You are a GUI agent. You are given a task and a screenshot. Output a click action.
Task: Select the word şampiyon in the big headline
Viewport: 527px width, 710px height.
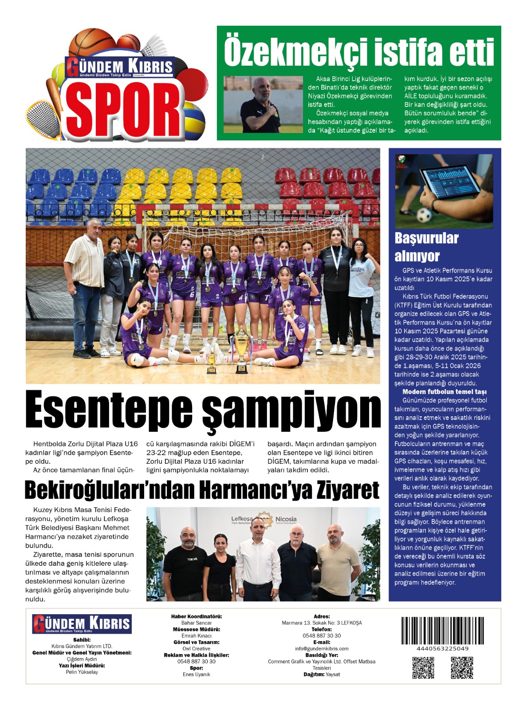(291, 410)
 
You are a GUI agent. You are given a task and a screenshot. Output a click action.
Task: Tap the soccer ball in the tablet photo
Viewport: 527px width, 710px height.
(424, 215)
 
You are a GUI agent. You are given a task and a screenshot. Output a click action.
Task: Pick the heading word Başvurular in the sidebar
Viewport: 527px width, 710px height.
(426, 238)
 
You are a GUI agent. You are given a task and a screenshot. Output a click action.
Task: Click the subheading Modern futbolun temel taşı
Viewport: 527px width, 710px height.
(444, 392)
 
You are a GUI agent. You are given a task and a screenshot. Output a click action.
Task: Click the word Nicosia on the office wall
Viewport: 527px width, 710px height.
(286, 519)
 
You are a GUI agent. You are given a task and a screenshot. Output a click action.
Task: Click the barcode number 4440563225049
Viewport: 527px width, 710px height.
(442, 648)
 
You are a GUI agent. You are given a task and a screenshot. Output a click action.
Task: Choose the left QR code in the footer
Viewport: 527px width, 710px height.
(423, 667)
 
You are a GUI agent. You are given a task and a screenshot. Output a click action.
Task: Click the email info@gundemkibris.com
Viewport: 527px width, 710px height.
(322, 648)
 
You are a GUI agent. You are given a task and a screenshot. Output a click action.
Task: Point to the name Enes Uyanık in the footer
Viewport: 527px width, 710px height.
(197, 674)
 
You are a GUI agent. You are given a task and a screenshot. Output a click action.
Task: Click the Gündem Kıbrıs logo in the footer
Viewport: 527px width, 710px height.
(82, 624)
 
